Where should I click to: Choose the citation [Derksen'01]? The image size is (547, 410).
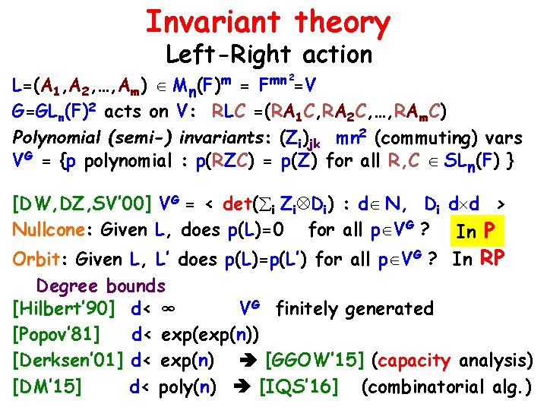(x=68, y=360)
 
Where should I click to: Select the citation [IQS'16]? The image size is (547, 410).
(x=299, y=386)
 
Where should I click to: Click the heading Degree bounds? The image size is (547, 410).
(x=101, y=286)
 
